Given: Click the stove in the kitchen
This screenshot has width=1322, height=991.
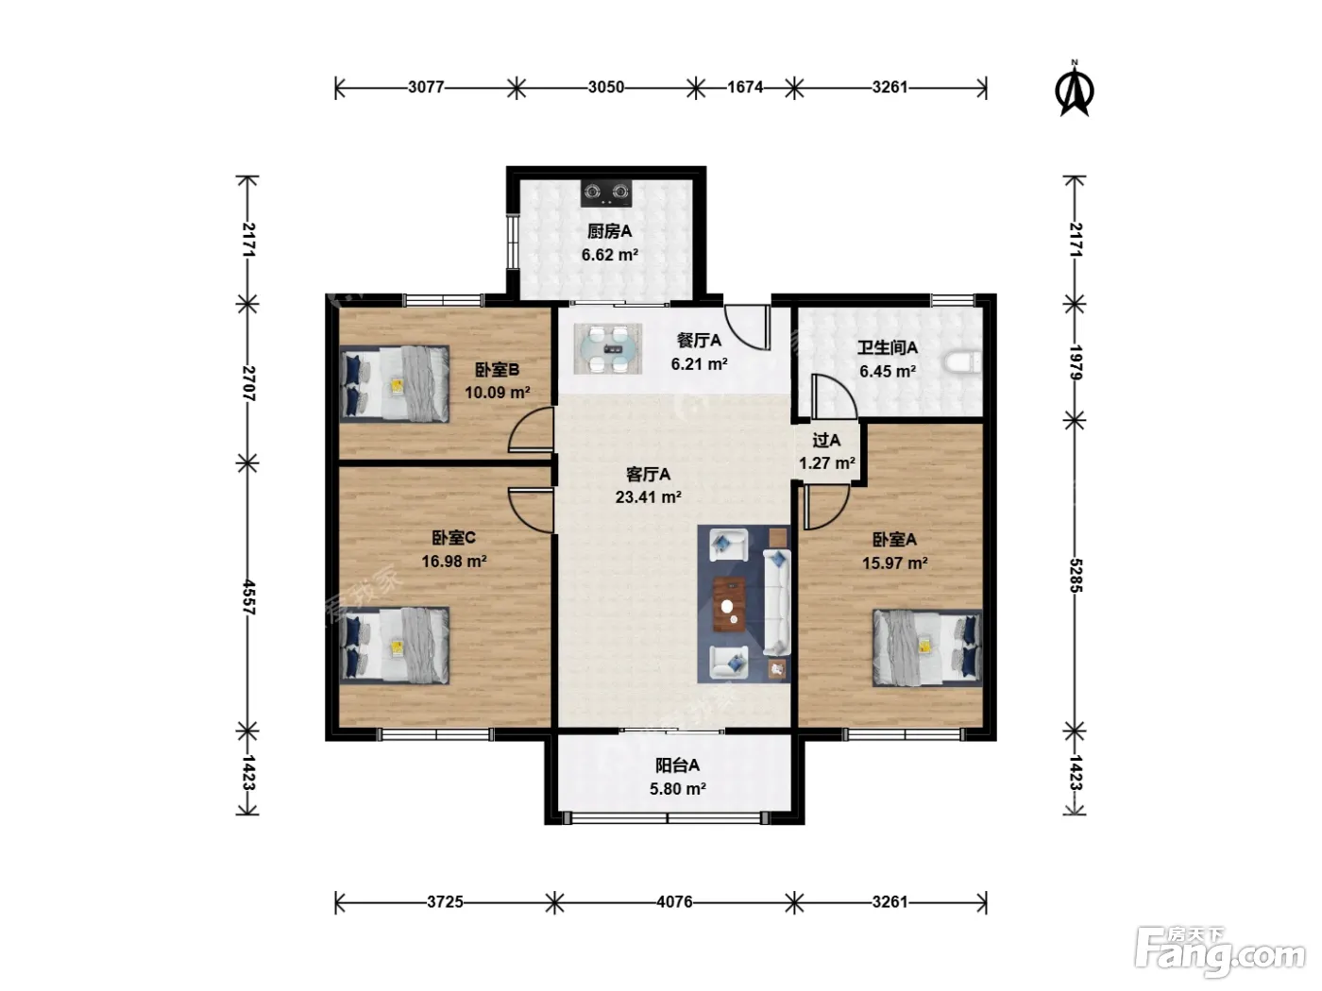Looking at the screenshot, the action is [607, 193].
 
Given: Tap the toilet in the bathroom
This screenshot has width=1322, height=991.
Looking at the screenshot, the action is [963, 362].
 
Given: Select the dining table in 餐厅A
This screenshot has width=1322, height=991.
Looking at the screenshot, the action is [608, 349].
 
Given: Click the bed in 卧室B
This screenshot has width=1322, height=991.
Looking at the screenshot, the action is [395, 384].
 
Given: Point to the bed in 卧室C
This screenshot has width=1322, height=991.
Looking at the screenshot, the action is [395, 646].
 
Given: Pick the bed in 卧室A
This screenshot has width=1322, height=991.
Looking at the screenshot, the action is [927, 648].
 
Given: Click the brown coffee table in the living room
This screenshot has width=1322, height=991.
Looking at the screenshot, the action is [729, 604].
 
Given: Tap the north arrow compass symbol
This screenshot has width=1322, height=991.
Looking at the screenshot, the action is [1075, 88].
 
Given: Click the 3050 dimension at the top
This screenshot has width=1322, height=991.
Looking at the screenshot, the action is [606, 87].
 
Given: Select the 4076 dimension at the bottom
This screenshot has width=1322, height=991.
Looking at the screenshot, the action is [674, 902].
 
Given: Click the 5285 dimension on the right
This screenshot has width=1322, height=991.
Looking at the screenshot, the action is [1076, 576].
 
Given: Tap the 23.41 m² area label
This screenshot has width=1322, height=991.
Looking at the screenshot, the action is [648, 497].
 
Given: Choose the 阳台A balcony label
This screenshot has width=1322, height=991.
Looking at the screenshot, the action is [678, 765].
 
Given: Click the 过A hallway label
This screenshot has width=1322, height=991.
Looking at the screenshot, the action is [826, 441].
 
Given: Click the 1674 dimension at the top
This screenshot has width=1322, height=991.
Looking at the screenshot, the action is [745, 87].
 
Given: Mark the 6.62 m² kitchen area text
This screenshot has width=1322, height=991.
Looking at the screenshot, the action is [609, 255].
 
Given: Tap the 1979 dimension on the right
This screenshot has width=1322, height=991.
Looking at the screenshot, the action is [1076, 362].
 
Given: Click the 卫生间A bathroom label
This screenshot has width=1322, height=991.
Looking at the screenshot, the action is [888, 347].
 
